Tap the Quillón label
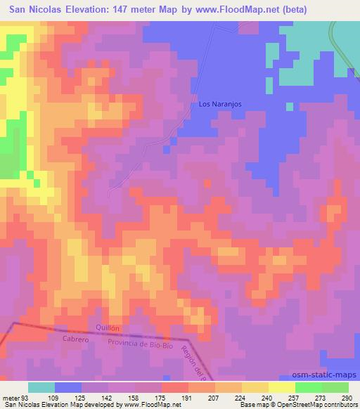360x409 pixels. click(x=107, y=327)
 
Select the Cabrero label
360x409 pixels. click(x=73, y=339)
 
